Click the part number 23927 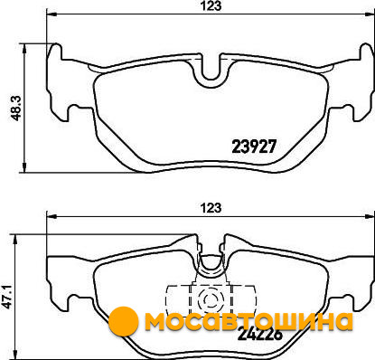tap(254, 147)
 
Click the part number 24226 tap(260, 334)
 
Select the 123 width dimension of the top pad tap(211, 6)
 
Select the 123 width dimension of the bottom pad tap(211, 208)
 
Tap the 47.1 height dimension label tap(6, 296)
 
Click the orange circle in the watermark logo tap(123, 321)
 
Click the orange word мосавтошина tap(248, 321)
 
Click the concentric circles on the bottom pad tap(211, 299)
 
